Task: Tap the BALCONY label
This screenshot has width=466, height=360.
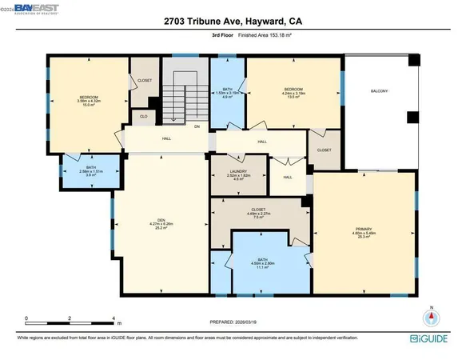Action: click(378, 91)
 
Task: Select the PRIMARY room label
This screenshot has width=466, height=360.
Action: click(364, 230)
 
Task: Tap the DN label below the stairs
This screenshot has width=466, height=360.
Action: click(197, 126)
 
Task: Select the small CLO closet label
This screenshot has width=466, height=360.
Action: click(144, 117)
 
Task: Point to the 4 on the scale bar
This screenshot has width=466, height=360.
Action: click(117, 318)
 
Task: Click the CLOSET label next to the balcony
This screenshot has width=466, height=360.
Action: click(325, 150)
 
